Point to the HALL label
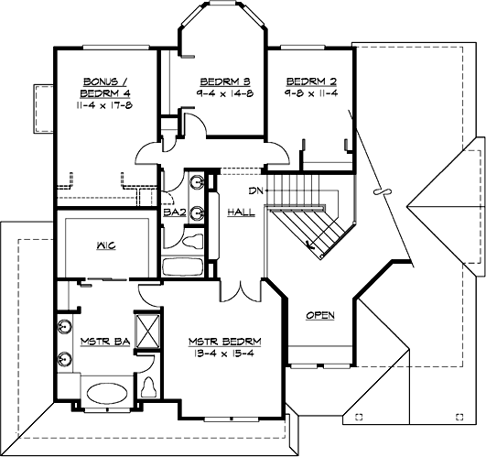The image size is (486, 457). [x=240, y=212]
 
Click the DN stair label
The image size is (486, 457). [x=257, y=191]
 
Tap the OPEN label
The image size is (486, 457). [x=319, y=316]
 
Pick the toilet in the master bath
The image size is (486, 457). [x=150, y=386]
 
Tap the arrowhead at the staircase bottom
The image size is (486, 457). [x=312, y=245]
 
